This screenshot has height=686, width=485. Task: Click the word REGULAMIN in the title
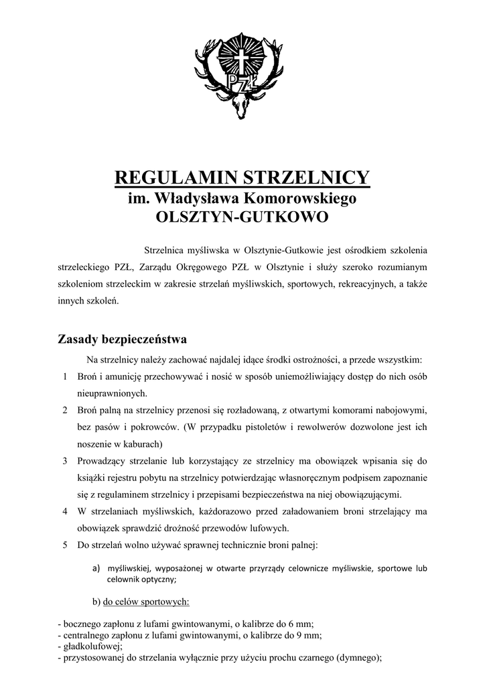tap(176, 178)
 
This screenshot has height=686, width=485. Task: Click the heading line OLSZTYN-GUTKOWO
tap(242, 218)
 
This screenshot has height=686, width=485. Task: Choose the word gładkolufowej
tap(89, 645)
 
